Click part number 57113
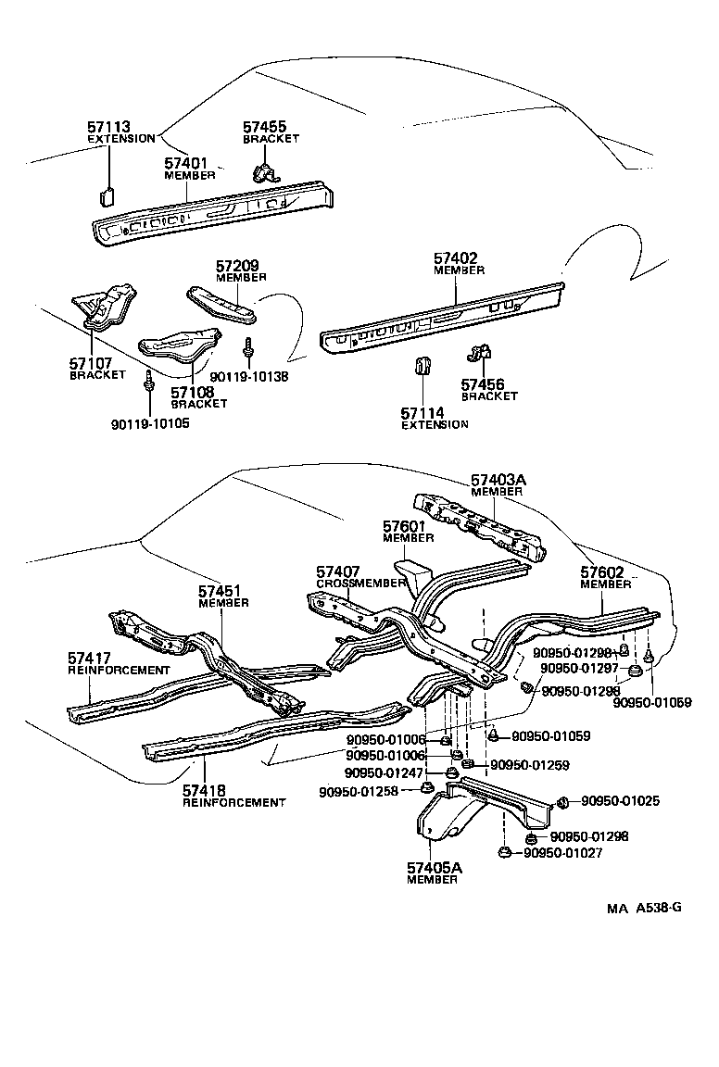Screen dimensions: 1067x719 point(108,127)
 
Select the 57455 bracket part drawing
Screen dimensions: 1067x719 point(266,171)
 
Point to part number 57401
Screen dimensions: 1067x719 point(185,163)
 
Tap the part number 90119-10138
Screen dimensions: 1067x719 point(249,377)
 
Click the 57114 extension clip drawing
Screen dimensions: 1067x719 point(422,366)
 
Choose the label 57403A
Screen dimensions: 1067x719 point(498,481)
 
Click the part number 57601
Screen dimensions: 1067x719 point(404,526)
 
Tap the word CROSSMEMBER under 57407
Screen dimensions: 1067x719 point(361,584)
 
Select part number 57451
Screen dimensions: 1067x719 point(220,591)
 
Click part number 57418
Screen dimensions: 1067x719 point(204,791)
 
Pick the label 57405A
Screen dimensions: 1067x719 point(434,868)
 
